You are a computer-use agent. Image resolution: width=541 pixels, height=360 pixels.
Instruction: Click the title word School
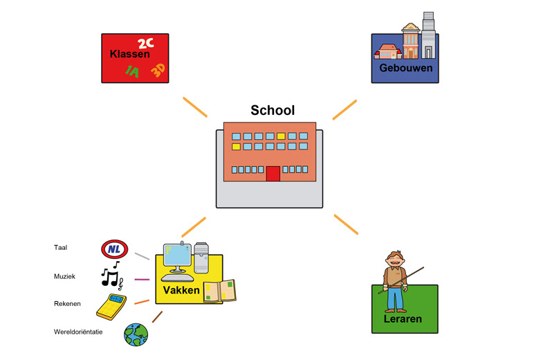click(x=273, y=110)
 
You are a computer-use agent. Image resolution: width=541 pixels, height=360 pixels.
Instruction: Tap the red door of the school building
click(x=273, y=173)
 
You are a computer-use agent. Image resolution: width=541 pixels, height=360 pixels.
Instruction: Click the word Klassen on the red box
click(x=129, y=53)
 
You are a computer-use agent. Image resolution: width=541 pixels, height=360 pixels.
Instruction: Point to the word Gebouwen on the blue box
click(x=406, y=69)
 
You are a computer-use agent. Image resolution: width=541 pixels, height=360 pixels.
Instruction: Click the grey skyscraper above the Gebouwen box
click(x=428, y=35)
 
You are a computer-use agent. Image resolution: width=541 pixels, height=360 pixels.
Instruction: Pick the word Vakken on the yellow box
click(x=181, y=290)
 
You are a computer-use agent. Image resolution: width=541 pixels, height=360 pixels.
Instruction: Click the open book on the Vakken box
click(x=219, y=291)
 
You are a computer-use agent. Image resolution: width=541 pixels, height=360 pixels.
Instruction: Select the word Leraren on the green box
click(x=403, y=319)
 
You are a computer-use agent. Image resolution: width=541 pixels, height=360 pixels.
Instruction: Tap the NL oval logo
click(x=114, y=248)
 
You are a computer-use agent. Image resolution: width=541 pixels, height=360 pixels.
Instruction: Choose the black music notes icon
click(x=111, y=276)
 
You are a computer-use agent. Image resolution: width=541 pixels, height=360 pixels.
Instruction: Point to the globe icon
click(x=136, y=334)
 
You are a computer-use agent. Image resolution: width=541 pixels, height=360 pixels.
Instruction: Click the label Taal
click(x=61, y=247)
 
